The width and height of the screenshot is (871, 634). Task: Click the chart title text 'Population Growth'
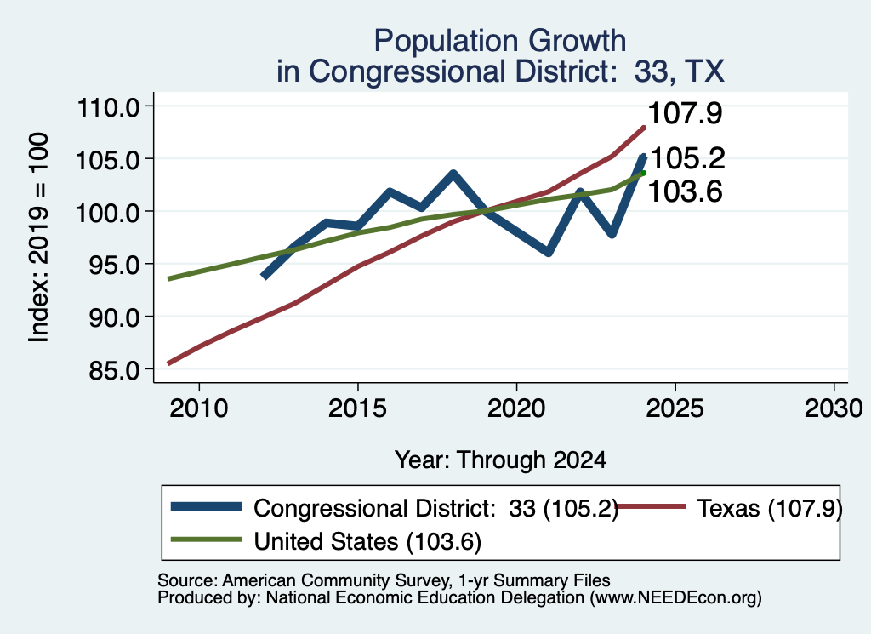click(x=500, y=41)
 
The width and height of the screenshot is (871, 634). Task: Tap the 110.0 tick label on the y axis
click(x=109, y=107)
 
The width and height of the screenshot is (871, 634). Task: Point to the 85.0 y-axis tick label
click(x=115, y=370)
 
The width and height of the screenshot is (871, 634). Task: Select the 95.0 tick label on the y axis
click(x=115, y=265)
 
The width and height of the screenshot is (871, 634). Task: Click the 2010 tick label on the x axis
click(x=199, y=409)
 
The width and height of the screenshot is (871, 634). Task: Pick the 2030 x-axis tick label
click(x=834, y=409)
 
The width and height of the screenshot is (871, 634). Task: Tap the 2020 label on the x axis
click(x=516, y=409)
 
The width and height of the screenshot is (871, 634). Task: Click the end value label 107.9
click(x=685, y=113)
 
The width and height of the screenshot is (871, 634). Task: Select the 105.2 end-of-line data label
click(x=687, y=158)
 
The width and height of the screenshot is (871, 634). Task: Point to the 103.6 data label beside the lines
click(x=685, y=192)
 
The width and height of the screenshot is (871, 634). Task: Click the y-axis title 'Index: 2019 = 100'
click(x=39, y=237)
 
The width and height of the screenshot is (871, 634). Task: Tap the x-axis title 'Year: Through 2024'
click(x=500, y=460)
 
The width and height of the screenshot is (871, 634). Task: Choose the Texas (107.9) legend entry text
click(x=770, y=508)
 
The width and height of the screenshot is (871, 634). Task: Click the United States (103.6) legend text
click(x=367, y=541)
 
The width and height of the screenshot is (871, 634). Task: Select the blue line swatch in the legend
click(x=207, y=506)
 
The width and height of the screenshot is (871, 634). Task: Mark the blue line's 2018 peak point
click(x=453, y=174)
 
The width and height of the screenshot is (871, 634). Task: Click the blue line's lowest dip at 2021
click(x=549, y=252)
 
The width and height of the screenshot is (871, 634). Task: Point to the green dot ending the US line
click(x=643, y=173)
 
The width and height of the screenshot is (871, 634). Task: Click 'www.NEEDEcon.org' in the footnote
click(x=675, y=598)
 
